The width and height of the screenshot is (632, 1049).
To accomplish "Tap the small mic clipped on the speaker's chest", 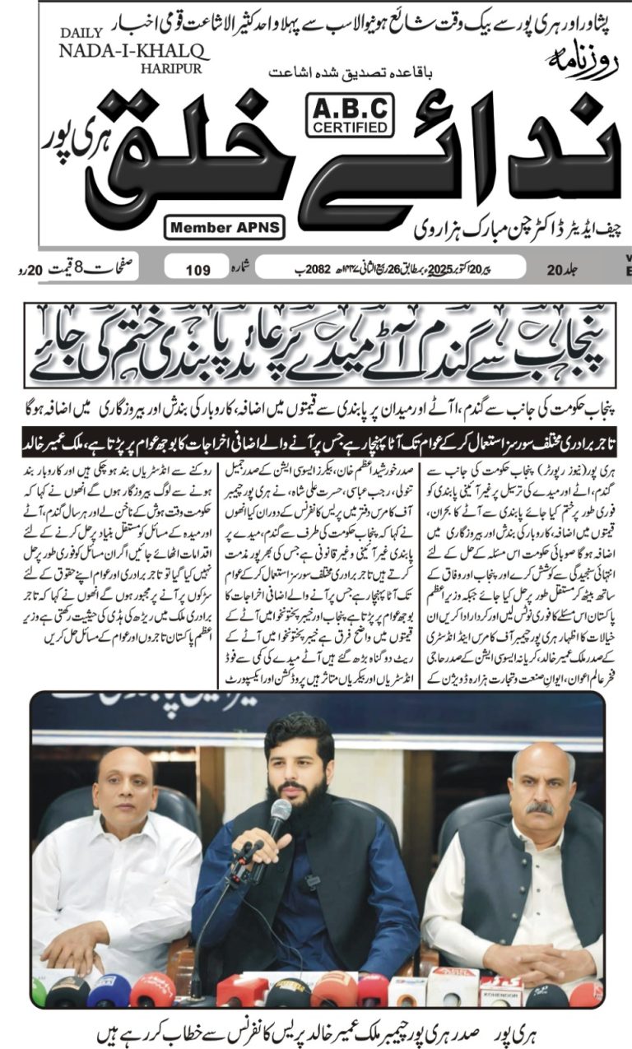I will coord(312,880).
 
